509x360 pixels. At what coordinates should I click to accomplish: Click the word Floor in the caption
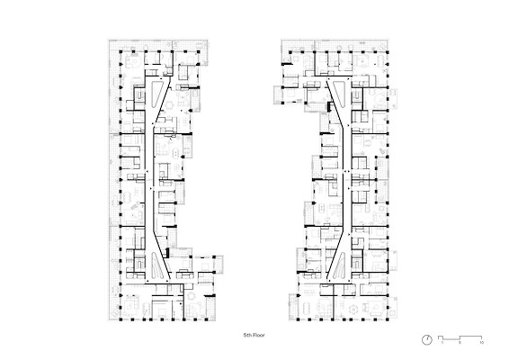coord(259,335)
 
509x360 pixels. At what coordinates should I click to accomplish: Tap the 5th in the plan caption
coord(247,335)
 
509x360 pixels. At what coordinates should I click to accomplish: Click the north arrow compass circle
coord(427,340)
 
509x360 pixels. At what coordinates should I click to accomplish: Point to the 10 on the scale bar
coord(481,343)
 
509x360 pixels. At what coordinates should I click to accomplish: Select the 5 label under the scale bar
coord(460,343)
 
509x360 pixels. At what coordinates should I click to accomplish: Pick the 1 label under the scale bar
coord(442,343)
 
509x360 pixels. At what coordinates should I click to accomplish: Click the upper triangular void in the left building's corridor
coord(157,94)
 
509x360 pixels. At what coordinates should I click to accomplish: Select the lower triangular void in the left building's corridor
coord(156,266)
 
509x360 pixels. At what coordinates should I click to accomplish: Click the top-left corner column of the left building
coord(121,51)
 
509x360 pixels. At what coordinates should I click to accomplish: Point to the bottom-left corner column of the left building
coord(121,319)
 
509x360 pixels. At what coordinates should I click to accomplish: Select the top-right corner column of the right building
coord(388,51)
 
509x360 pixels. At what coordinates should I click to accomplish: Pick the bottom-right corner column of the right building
coord(388,319)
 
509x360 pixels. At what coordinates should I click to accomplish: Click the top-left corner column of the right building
coord(290,51)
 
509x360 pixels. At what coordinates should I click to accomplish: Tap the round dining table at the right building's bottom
coord(353,308)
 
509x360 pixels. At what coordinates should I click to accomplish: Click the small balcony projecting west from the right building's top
coord(278,94)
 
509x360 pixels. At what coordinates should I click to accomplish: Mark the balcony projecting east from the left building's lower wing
coord(219,264)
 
